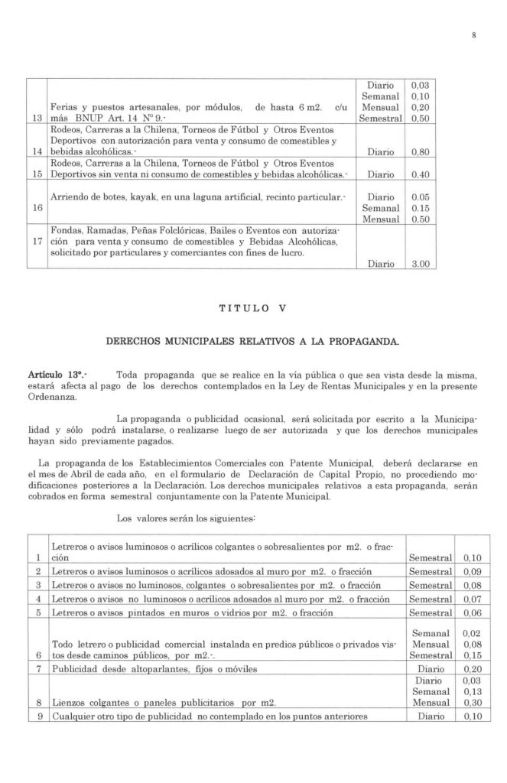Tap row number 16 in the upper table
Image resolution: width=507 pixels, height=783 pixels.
click(x=37, y=207)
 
